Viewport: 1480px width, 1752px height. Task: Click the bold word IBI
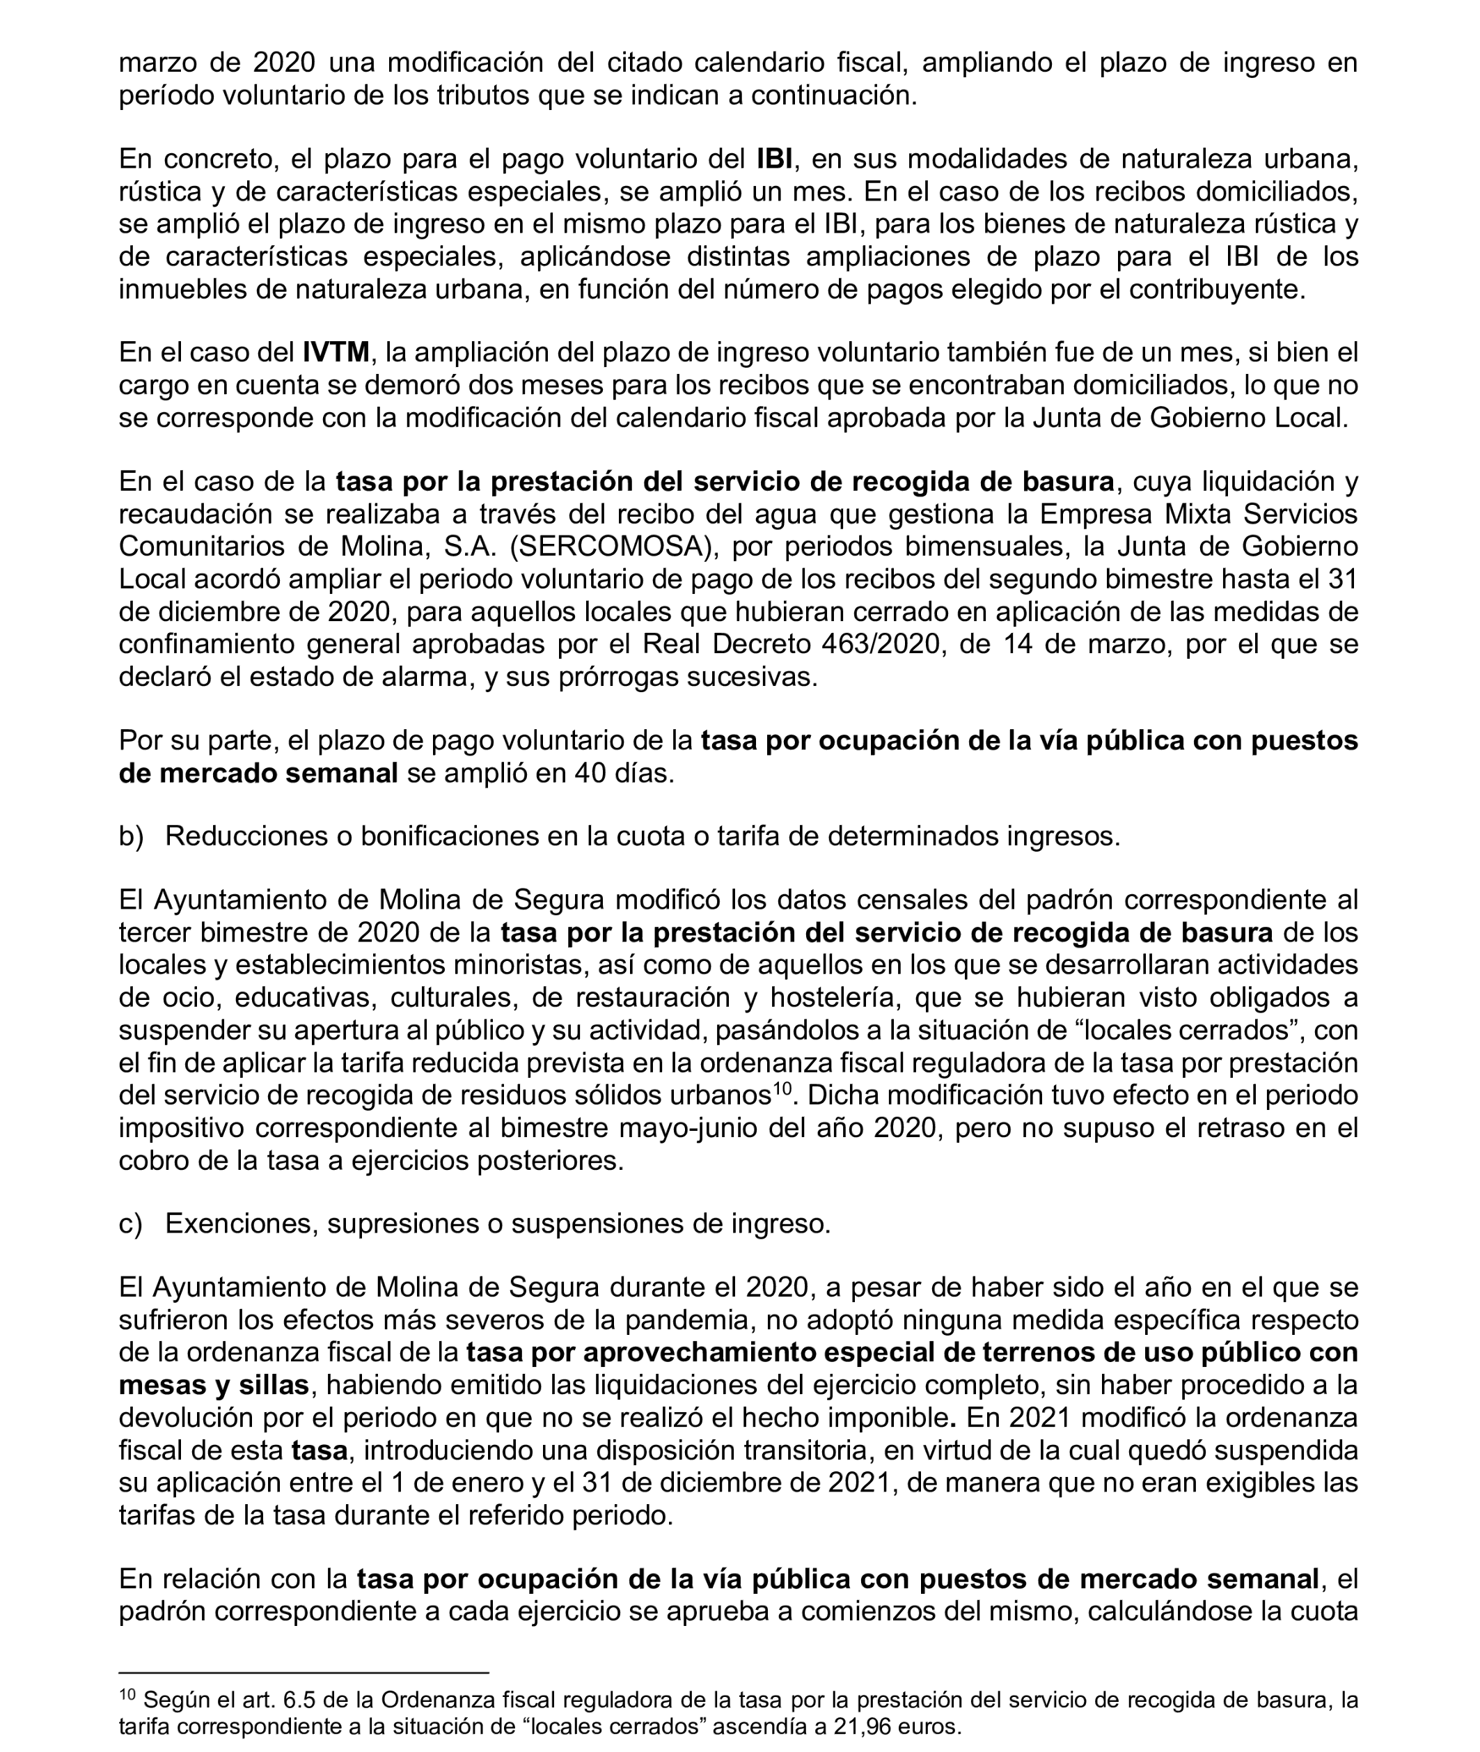[x=773, y=159]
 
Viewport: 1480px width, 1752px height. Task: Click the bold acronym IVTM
[x=336, y=352]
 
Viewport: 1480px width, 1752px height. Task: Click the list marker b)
[x=131, y=836]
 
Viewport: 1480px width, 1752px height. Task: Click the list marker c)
[x=130, y=1224]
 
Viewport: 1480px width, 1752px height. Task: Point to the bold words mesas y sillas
[x=214, y=1384]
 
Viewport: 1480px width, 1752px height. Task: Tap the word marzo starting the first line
[x=159, y=62]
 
